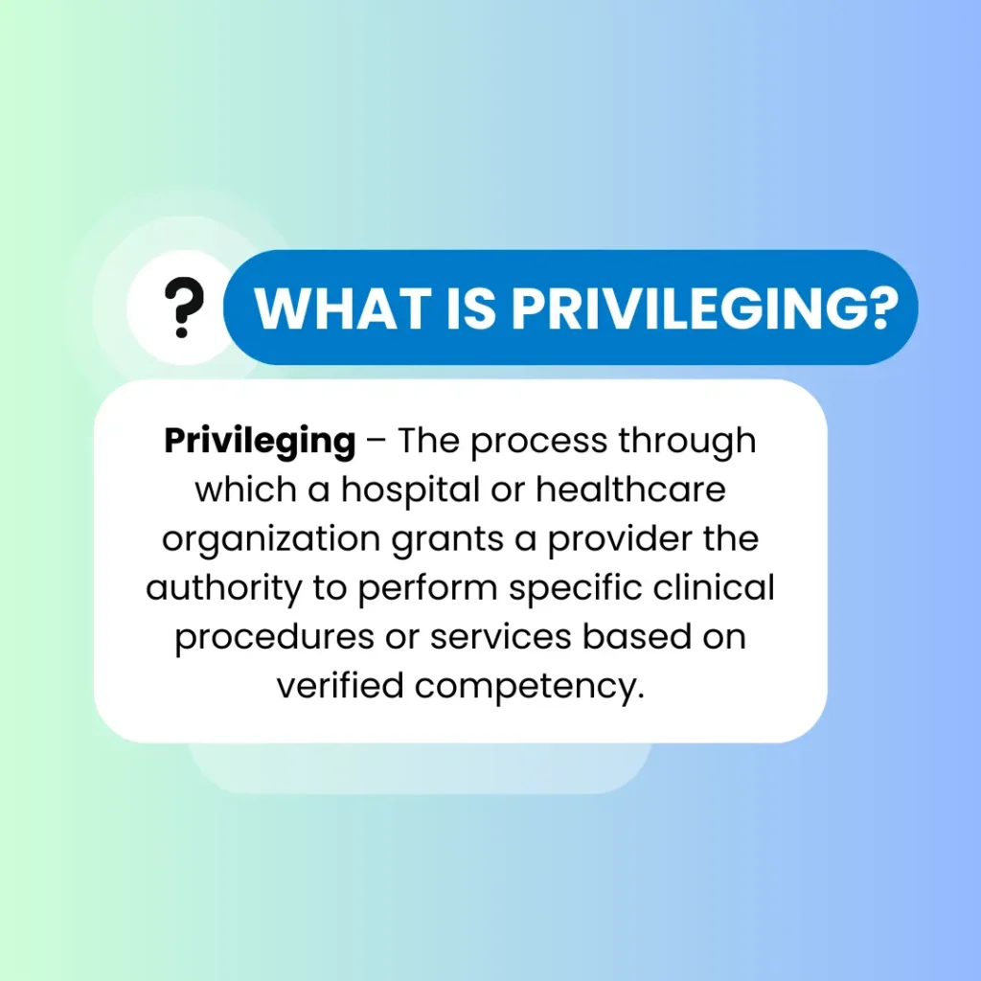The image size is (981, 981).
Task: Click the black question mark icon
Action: pyautogui.click(x=184, y=307)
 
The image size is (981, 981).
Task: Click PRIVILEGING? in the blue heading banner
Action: pyautogui.click(x=705, y=308)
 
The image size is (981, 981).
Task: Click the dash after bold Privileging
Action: pyautogui.click(x=376, y=441)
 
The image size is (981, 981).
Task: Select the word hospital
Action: pyautogui.click(x=410, y=490)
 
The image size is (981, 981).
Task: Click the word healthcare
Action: pyautogui.click(x=630, y=490)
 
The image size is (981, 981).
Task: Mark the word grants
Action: pyautogui.click(x=447, y=540)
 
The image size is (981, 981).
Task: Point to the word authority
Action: pyautogui.click(x=224, y=589)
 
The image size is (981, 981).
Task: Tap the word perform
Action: pyautogui.click(x=427, y=589)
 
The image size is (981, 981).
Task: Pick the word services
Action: pyautogui.click(x=500, y=637)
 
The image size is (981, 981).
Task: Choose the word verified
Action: pyautogui.click(x=340, y=685)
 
